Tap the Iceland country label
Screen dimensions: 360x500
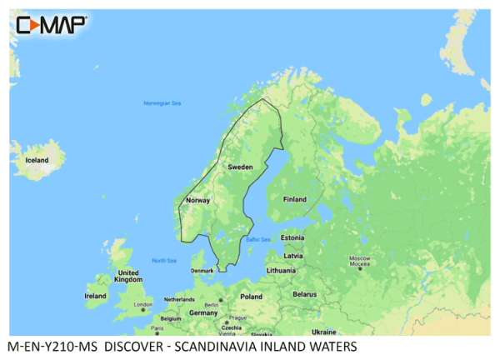tap(36, 159)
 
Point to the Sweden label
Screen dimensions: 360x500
tap(240, 167)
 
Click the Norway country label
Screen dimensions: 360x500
tap(198, 200)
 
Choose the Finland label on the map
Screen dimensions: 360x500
tap(294, 199)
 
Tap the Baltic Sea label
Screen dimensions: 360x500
tap(258, 239)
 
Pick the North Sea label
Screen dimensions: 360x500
tap(164, 261)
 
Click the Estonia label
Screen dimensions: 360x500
tap(292, 238)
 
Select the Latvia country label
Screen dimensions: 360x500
tap(292, 255)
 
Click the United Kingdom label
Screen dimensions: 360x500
tap(127, 277)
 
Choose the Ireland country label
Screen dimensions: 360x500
tap(96, 296)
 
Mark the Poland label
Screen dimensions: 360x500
tap(251, 296)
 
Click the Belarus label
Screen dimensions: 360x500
tap(305, 294)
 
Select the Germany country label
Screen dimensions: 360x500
tap(203, 312)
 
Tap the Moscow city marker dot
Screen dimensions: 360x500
tap(360, 268)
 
